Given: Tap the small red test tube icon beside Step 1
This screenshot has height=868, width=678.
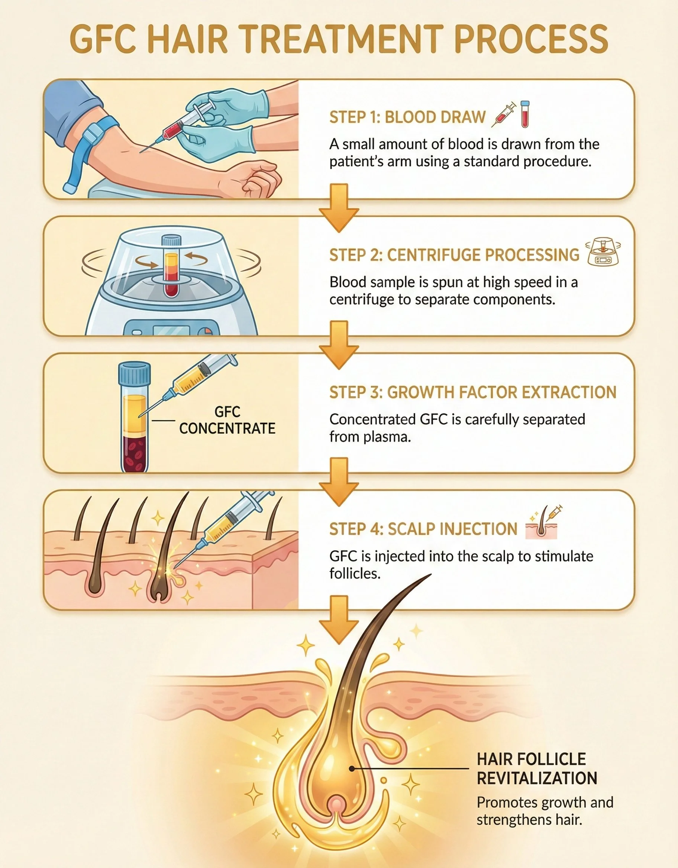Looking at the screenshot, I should (525, 114).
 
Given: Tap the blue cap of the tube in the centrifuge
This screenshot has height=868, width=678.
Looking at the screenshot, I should (171, 240).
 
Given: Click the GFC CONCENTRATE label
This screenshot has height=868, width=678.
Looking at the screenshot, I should (227, 420).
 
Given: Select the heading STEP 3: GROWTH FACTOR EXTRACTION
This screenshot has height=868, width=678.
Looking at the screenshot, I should (472, 392).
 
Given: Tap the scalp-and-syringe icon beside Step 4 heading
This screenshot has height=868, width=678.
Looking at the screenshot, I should (542, 522).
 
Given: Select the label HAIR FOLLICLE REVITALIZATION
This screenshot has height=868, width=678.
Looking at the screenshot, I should (536, 768).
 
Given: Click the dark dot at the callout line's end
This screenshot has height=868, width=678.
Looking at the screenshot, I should (352, 769).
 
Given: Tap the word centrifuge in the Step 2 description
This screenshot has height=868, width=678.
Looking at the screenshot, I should (361, 299).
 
